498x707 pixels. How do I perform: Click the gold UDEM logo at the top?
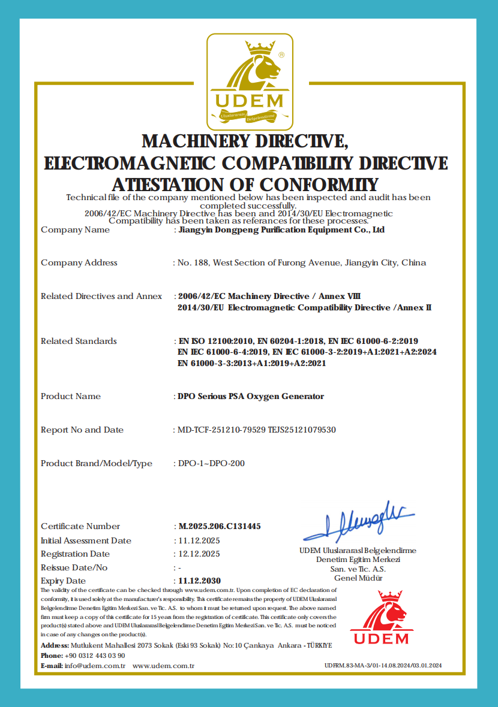[250, 81]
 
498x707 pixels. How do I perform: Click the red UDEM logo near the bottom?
[381, 618]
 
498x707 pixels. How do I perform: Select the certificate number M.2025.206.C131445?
[220, 527]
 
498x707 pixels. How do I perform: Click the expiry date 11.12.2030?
[200, 581]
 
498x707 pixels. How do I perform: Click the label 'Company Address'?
[79, 262]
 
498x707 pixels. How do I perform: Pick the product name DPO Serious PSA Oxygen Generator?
[251, 396]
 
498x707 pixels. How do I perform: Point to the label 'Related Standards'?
[79, 341]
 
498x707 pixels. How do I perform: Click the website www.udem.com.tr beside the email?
[164, 666]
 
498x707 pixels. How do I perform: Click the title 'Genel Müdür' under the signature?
[358, 578]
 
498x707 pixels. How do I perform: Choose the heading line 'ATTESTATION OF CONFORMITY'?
[245, 184]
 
